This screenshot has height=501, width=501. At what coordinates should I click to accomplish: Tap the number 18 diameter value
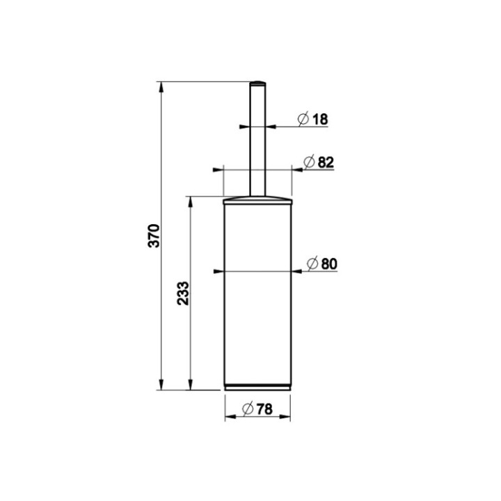pyautogui.click(x=319, y=119)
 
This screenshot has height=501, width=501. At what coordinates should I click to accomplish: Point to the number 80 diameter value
pyautogui.click(x=329, y=263)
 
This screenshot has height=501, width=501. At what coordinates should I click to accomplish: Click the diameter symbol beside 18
pyautogui.click(x=303, y=119)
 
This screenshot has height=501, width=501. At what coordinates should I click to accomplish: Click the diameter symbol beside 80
pyautogui.click(x=313, y=263)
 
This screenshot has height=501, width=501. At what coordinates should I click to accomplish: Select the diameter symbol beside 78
pyautogui.click(x=247, y=411)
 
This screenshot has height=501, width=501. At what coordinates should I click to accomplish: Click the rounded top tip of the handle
pyautogui.click(x=257, y=83)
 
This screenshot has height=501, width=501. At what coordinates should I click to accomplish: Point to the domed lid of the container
pyautogui.click(x=257, y=200)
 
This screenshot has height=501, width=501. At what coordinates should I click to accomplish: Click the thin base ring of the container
pyautogui.click(x=257, y=385)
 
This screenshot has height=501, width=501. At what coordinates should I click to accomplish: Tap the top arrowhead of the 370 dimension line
pyautogui.click(x=162, y=87)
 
